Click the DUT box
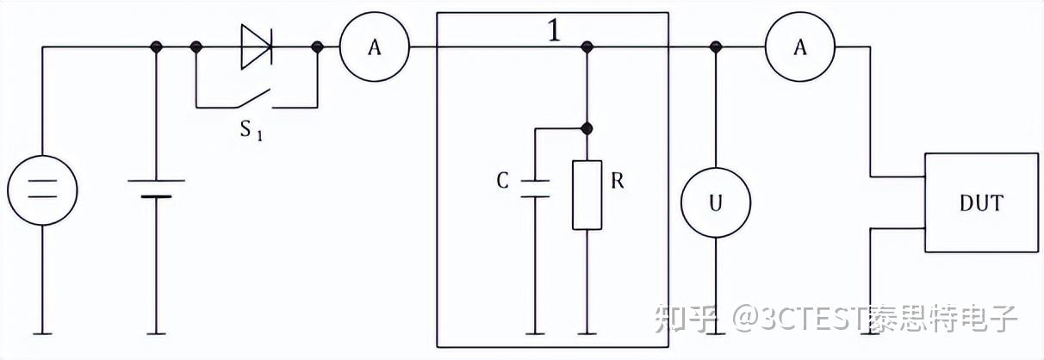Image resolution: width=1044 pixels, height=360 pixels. (x=982, y=202)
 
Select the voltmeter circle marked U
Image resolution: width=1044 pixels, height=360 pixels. (x=716, y=202)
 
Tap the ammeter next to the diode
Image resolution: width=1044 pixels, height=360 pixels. (x=375, y=47)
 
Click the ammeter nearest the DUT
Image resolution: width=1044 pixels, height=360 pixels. (x=800, y=47)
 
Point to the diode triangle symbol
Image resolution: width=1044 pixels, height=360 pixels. (x=257, y=47)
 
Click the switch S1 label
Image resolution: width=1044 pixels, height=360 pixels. (x=252, y=130)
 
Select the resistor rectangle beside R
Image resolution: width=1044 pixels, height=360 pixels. (x=587, y=196)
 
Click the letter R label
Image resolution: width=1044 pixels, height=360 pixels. (x=618, y=181)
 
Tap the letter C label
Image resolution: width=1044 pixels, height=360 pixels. (x=503, y=181)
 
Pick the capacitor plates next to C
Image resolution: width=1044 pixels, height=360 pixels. (x=535, y=189)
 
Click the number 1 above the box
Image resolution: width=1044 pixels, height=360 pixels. (x=554, y=31)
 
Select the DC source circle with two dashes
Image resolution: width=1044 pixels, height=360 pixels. (x=42, y=190)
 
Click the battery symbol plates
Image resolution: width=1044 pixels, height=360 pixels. (x=156, y=189)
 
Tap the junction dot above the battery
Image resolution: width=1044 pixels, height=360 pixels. (x=156, y=47)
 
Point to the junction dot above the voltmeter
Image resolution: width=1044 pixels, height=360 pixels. (x=716, y=47)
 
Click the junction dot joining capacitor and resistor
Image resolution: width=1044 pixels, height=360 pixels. (x=587, y=128)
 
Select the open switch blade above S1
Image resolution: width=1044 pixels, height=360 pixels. (x=254, y=97)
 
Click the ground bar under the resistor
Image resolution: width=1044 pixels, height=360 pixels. (x=587, y=334)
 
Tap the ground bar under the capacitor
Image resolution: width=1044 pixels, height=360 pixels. (x=535, y=334)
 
